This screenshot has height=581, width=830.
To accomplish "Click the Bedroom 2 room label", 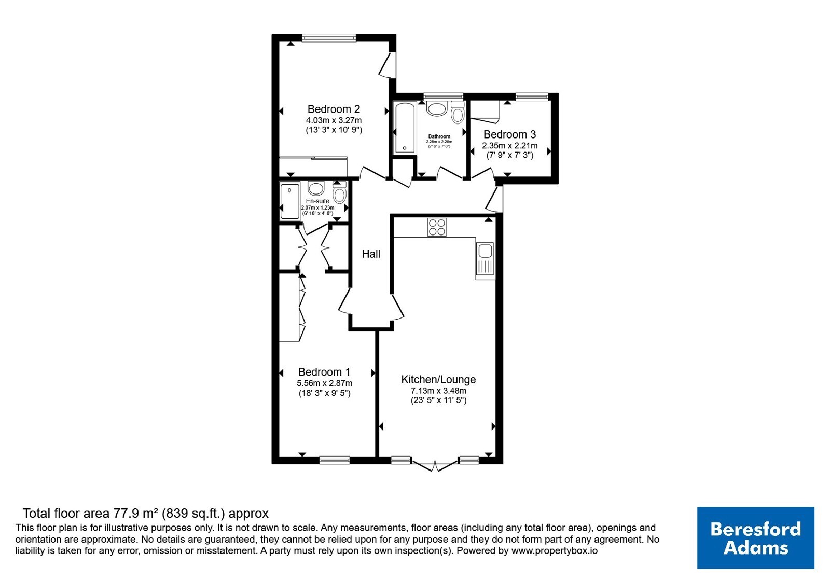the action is point(334,109).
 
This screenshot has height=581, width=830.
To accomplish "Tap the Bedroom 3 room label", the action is point(509,134).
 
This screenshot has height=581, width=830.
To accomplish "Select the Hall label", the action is point(371,254).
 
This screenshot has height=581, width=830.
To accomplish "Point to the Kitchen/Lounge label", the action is point(438,379).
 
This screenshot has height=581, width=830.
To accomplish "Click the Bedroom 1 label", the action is point(324,371).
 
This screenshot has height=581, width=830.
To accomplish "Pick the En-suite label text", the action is point(317,201).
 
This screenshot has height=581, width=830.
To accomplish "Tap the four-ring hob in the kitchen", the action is point(437,227).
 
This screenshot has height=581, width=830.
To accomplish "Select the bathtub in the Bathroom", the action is point(404,128).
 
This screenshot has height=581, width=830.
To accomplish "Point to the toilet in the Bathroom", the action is point(458,112).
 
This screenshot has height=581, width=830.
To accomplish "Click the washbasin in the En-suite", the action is point(316,189).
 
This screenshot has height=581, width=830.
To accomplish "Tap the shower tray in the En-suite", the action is point(290,200).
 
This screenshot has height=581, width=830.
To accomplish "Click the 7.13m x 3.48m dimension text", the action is point(438,391).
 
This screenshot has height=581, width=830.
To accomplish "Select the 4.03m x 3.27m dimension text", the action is point(334,120).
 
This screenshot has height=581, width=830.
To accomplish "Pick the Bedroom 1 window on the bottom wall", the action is point(335,460).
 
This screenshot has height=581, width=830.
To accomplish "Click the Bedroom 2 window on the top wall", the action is point(329,37).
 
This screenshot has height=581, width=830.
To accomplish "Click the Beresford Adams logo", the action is point(755,537).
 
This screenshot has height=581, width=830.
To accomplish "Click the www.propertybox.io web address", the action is point(555,550).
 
